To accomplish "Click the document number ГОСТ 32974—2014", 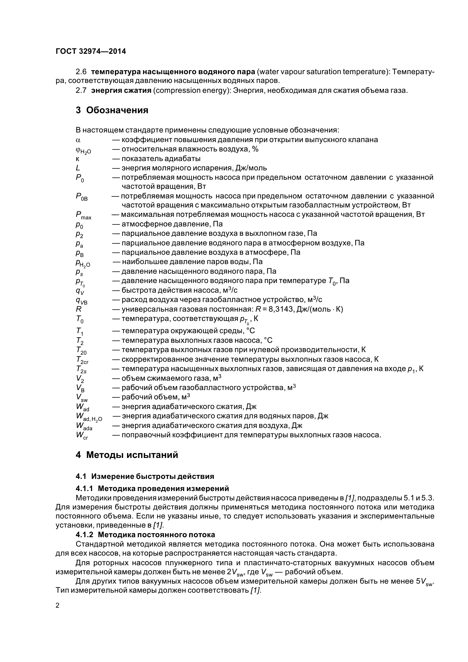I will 91,52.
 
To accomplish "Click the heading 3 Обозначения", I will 112,110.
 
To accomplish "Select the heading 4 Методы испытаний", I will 127,455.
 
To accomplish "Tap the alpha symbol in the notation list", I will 78,140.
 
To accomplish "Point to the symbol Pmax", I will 83,215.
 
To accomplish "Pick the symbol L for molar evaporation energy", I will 78,168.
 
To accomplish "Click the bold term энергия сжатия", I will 121,91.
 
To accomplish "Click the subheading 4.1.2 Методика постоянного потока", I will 145,535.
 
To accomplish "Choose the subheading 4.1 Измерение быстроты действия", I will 145,476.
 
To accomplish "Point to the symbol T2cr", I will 82,360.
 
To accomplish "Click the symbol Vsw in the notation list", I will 82,398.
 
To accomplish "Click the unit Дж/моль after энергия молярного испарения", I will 251,168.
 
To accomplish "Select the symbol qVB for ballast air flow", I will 81,301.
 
